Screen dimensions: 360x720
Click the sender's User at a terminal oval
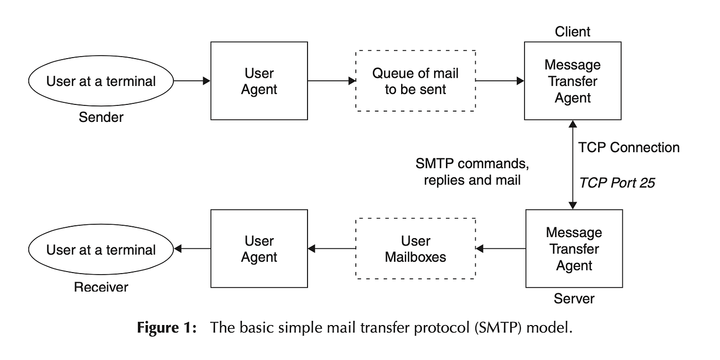[101, 81]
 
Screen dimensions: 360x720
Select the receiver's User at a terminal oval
[101, 249]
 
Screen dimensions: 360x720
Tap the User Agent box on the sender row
[259, 81]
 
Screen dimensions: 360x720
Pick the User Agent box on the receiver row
[259, 249]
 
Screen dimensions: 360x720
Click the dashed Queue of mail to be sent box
[416, 81]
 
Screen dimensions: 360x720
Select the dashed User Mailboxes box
[416, 249]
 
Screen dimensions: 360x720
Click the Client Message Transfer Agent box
[572, 81]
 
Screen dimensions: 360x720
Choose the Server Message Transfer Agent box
[574, 249]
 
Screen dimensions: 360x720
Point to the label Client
[572, 32]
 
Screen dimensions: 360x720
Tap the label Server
[574, 298]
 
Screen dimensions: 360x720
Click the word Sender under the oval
[101, 117]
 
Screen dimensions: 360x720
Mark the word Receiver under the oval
[101, 286]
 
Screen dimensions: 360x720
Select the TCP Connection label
[628, 148]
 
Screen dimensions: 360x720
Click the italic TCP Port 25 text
[617, 183]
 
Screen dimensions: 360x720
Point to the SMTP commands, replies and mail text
[472, 172]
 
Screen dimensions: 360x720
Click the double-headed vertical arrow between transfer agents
[572, 165]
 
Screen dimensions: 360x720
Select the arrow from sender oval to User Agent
[192, 81]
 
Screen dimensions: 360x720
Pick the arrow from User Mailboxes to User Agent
[332, 249]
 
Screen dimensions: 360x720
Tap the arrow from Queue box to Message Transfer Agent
[499, 81]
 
